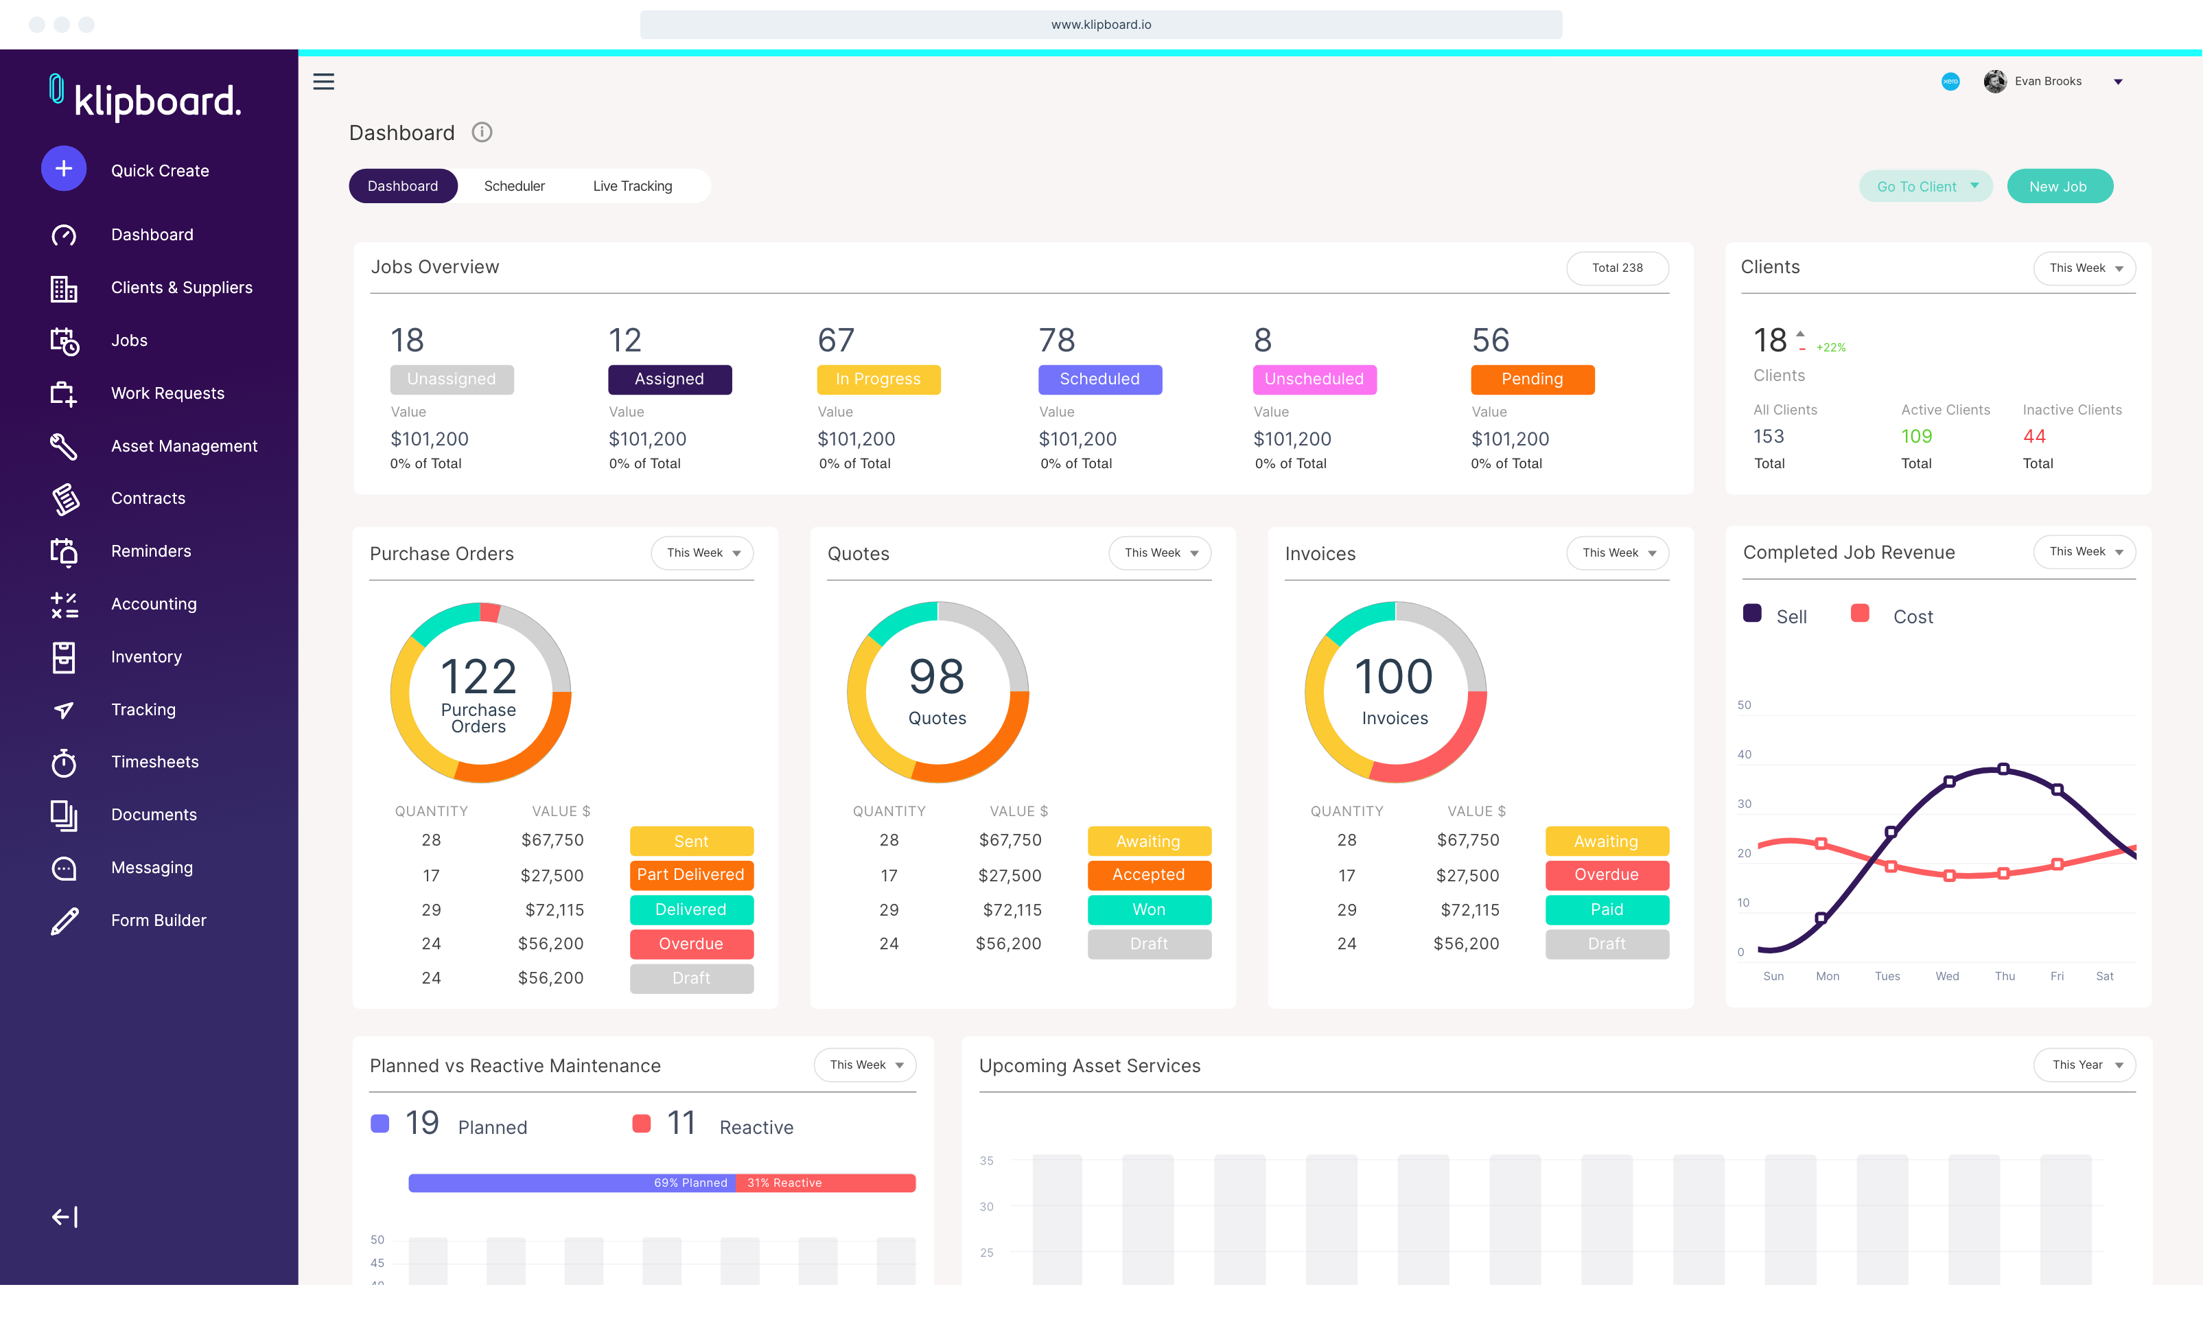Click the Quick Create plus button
point(63,168)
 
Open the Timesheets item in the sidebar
point(155,762)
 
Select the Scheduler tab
point(514,186)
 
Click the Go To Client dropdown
point(1925,186)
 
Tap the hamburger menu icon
point(323,82)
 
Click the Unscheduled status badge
point(1314,380)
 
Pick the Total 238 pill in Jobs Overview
point(1616,268)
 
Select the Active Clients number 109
point(1916,437)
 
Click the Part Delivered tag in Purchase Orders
point(691,874)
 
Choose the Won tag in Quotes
point(1149,909)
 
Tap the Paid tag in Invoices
point(1607,909)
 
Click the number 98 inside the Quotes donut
point(936,677)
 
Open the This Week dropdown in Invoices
point(1617,553)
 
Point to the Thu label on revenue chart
point(2005,976)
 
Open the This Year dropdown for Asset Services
point(2084,1065)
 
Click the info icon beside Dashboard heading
point(482,132)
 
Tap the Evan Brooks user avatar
point(1994,81)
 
